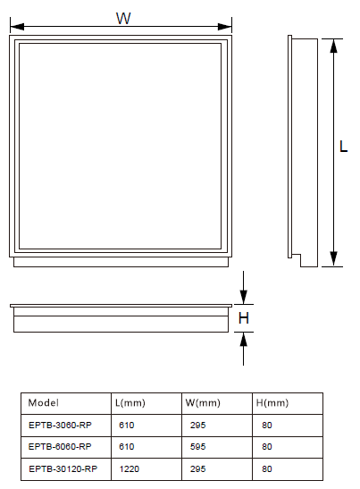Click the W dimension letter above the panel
(123, 19)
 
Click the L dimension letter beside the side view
(343, 147)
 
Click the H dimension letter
(244, 318)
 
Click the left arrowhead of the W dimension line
(17, 27)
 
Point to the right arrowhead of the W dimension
(224, 27)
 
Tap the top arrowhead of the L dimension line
(333, 46)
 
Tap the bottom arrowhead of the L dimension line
(333, 259)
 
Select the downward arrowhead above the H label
(244, 297)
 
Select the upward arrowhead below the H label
(244, 340)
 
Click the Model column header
(43, 403)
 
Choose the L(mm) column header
(130, 403)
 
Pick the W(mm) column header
(203, 403)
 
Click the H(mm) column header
(272, 403)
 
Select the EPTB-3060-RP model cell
(60, 425)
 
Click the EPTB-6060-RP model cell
(60, 447)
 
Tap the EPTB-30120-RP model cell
(63, 468)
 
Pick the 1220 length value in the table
(130, 468)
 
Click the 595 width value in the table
(198, 447)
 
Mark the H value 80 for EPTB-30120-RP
(267, 468)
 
